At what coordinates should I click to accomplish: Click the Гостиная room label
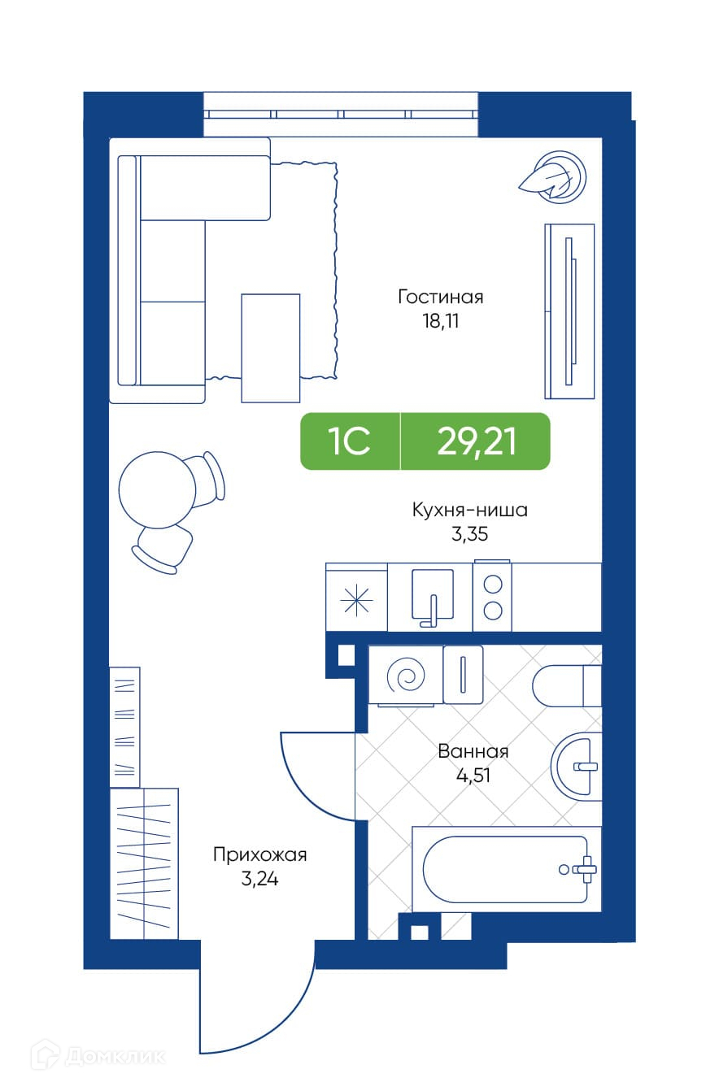coord(441,297)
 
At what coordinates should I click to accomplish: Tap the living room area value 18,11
coord(441,321)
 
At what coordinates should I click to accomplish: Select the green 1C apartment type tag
coord(350,441)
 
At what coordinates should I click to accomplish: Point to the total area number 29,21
coord(476,442)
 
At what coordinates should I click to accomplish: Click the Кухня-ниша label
coord(469,510)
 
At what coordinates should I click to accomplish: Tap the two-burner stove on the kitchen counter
coord(493,597)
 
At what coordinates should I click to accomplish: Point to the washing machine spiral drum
coord(405,676)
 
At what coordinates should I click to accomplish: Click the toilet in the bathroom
coord(567,685)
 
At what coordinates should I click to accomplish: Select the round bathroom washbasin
coord(577,767)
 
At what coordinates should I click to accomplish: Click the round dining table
coord(157,490)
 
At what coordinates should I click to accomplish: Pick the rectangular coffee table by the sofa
coord(270,348)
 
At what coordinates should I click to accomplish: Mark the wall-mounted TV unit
coord(569,311)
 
